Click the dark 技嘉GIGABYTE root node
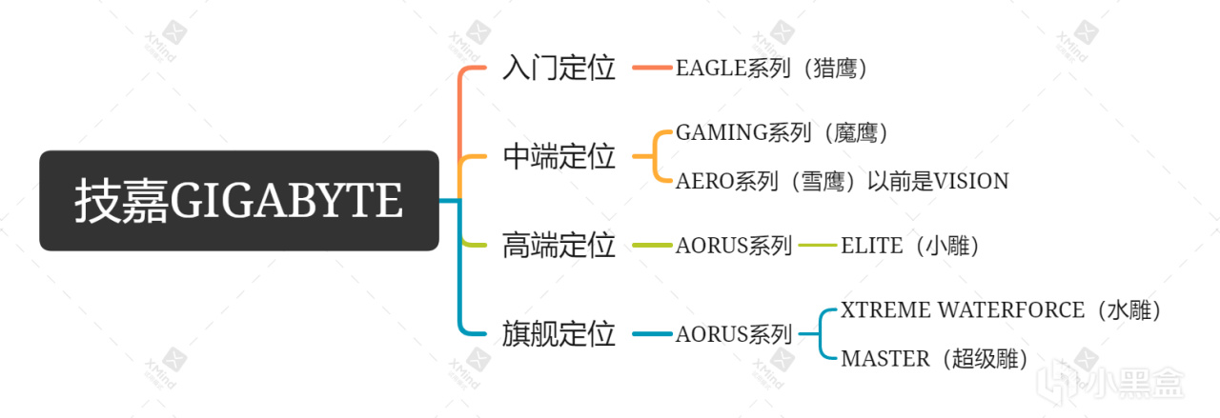click(238, 201)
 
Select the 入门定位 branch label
click(559, 69)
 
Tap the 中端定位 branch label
click(559, 157)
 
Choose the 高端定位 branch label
click(559, 246)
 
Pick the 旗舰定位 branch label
click(559, 334)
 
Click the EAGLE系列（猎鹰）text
click(771, 69)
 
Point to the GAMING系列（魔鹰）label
click(782, 133)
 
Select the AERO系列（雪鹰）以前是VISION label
click(842, 181)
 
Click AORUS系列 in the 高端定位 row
click(733, 246)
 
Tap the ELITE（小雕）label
click(910, 246)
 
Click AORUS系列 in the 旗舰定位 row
click(733, 334)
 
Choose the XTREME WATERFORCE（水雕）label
click(1001, 310)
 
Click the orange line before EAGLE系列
click(652, 69)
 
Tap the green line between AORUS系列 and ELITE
click(817, 246)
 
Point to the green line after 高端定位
click(652, 246)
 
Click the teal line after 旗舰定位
click(652, 334)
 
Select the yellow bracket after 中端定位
click(657, 157)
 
